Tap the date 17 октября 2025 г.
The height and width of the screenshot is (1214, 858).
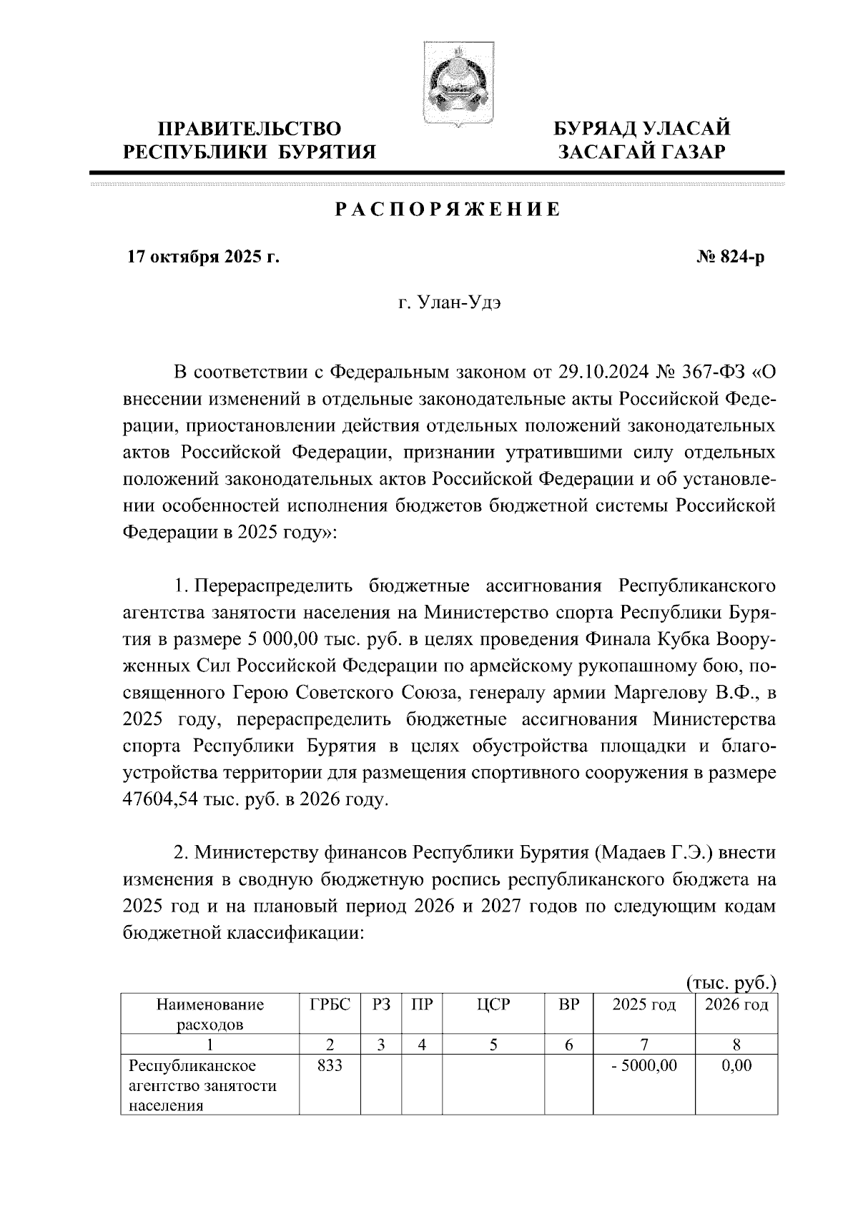(203, 257)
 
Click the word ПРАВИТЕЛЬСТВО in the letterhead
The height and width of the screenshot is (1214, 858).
(250, 129)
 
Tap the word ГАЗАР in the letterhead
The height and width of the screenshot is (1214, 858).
(685, 152)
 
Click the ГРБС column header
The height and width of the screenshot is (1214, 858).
(330, 1005)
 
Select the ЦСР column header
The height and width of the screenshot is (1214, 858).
(493, 1005)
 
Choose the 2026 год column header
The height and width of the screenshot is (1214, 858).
(736, 1005)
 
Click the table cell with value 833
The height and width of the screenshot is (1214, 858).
(330, 1066)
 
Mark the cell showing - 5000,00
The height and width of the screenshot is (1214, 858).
(643, 1066)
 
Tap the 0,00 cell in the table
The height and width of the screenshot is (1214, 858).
(736, 1066)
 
